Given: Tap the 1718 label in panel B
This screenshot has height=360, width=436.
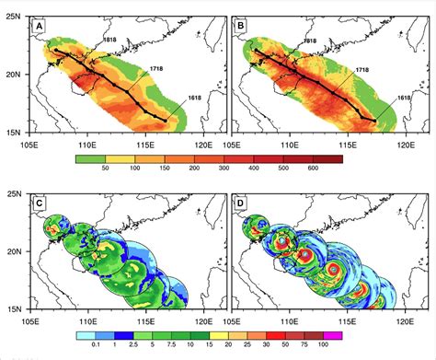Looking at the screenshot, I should [362, 70].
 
